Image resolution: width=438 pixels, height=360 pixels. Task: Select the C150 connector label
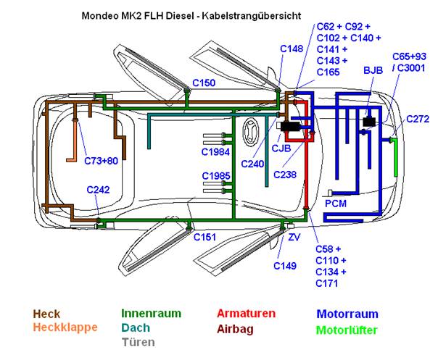[x=203, y=83]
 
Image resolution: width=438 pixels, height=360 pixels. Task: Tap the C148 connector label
[x=292, y=49]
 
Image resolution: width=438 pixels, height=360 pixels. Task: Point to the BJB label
[x=373, y=70]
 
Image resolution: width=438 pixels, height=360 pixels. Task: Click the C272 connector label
[x=418, y=118]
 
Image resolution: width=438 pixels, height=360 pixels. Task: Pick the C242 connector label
[x=98, y=190]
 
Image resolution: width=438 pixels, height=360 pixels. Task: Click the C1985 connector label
[x=215, y=176]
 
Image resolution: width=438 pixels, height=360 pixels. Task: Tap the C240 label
[x=252, y=164]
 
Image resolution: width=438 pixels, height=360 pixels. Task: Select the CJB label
[x=281, y=149]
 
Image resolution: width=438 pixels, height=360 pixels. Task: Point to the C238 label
[x=286, y=175]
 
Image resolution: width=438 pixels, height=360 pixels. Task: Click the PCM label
[x=336, y=204]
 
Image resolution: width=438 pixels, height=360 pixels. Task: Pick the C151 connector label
[x=204, y=237]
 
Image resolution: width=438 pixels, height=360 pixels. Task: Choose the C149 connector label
[x=285, y=266]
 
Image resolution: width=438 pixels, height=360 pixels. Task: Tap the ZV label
[x=294, y=237]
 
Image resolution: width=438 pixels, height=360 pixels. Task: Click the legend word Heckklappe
[x=65, y=327]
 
